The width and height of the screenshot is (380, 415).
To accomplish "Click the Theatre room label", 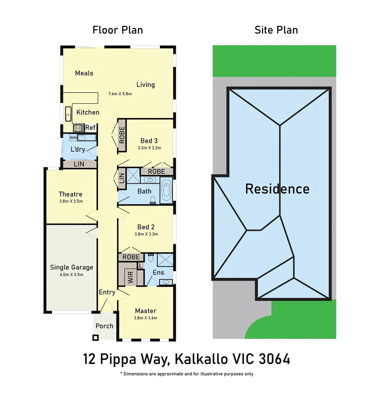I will [x=70, y=194].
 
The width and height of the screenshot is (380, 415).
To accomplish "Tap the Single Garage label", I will [x=72, y=267].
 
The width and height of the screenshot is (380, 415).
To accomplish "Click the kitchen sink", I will [x=68, y=114].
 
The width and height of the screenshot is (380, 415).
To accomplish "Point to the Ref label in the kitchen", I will [x=90, y=128].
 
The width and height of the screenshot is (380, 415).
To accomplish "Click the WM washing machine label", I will [x=73, y=137].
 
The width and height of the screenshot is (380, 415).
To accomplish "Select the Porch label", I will [x=104, y=326].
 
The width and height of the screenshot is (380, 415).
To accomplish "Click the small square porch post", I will [x=95, y=337].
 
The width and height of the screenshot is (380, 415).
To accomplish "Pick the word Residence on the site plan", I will [x=277, y=189].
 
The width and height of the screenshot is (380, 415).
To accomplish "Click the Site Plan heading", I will [x=276, y=30].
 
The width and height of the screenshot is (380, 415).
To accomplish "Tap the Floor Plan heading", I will [x=118, y=30].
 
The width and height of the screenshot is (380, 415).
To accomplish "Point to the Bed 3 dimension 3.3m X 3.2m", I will [x=149, y=148].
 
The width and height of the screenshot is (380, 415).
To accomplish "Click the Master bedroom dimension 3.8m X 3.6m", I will [x=145, y=318].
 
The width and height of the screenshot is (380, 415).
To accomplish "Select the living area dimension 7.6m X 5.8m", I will [x=120, y=94].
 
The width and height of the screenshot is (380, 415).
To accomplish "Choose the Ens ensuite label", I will [x=158, y=272].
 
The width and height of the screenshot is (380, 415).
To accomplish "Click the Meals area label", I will [x=84, y=73].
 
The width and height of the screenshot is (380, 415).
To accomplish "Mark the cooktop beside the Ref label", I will [x=78, y=128].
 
